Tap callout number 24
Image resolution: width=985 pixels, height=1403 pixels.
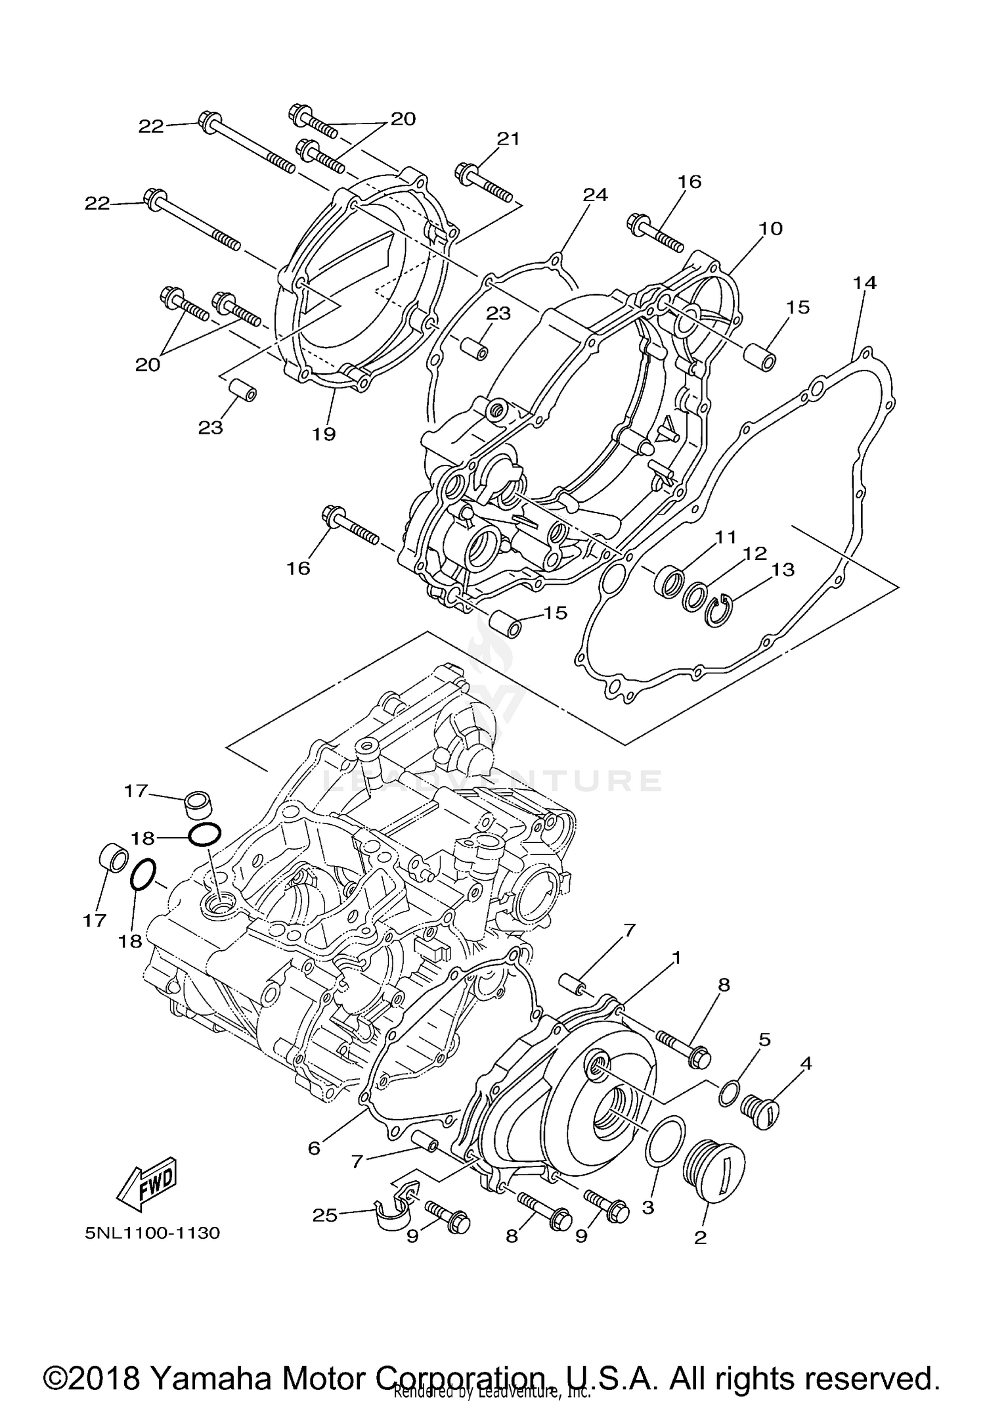(596, 195)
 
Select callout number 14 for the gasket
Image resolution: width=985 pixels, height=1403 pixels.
(865, 283)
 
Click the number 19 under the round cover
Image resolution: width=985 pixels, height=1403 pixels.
(324, 434)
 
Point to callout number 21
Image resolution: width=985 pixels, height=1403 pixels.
(508, 139)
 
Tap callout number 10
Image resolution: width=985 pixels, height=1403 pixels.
(771, 228)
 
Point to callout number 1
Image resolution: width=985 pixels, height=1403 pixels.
(676, 957)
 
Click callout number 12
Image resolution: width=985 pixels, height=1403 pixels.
(755, 553)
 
